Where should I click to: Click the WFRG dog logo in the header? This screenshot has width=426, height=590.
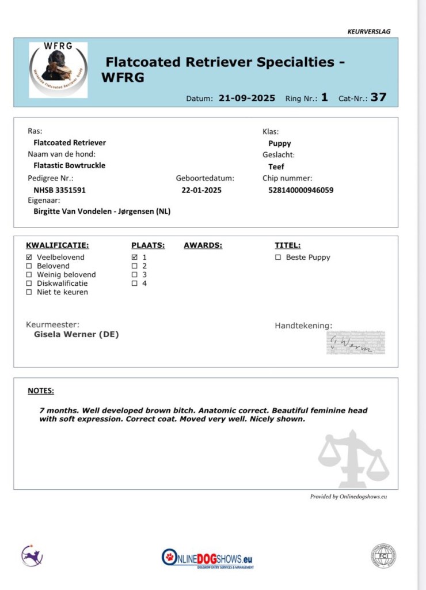59,69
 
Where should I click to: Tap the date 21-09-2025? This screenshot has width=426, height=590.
246,98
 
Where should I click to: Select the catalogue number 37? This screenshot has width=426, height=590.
378,97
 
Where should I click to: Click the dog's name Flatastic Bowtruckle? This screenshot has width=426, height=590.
70,165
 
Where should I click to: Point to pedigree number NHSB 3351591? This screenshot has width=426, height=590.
60,190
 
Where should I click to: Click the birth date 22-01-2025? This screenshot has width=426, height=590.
201,190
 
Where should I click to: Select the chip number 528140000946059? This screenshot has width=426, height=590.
301,190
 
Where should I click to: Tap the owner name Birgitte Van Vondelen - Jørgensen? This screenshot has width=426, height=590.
102,211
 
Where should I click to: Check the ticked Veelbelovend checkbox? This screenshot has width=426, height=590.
29,257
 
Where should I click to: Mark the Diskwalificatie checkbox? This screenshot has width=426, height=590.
29,283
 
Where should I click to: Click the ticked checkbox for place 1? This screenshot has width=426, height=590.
135,257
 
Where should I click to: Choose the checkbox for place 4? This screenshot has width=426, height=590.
135,283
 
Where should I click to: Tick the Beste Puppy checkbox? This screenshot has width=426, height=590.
278,258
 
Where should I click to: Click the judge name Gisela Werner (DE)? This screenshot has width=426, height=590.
77,334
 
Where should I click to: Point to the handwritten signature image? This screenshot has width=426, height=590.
355,343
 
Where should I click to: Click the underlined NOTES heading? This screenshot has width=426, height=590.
41,391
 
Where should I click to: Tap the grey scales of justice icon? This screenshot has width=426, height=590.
353,458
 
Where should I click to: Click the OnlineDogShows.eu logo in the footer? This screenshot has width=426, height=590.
207,557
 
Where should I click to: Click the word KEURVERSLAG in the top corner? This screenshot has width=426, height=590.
369,32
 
